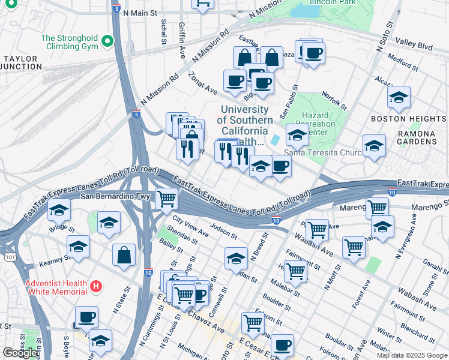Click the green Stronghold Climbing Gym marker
coord(107,41)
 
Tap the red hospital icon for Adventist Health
coord(95,287)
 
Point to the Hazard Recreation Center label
coord(315,123)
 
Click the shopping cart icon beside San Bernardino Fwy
coord(166,198)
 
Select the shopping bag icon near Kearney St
coord(124,254)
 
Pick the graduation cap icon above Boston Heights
coord(398,97)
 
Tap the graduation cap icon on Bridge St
coord(59,210)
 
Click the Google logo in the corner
coord(20,353)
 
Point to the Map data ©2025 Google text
coord(411,355)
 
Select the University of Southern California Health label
coord(244,125)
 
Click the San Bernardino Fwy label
coord(112,196)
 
